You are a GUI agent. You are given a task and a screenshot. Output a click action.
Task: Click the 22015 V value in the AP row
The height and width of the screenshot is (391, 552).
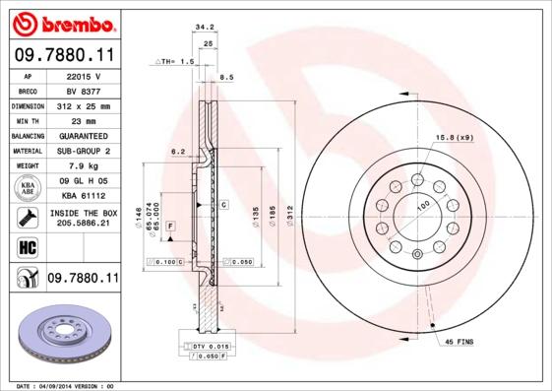tap(83, 75)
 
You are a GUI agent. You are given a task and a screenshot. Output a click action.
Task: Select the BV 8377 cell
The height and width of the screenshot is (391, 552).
tap(83, 90)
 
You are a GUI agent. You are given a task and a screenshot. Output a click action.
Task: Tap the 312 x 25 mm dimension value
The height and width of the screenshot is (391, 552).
tap(83, 105)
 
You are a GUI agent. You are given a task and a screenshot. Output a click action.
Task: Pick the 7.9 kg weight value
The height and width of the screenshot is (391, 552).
tap(83, 166)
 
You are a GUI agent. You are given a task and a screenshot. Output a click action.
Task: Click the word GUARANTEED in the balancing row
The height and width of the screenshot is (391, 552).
tap(83, 136)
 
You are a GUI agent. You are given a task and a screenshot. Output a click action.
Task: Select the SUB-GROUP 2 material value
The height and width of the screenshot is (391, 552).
tap(83, 151)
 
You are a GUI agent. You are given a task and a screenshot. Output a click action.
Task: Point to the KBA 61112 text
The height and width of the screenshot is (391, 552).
tap(83, 196)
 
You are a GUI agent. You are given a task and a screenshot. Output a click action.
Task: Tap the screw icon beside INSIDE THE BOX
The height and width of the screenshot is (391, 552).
tap(27, 218)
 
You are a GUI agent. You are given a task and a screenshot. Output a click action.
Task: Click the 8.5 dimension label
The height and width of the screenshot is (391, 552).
tap(225, 76)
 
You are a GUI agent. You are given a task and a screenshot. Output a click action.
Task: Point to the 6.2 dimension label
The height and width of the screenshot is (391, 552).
tap(178, 152)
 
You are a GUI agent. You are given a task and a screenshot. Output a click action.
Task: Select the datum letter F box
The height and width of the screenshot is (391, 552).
tap(170, 227)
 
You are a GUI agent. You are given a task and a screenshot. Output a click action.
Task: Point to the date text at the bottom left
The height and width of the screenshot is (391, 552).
tap(66, 385)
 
